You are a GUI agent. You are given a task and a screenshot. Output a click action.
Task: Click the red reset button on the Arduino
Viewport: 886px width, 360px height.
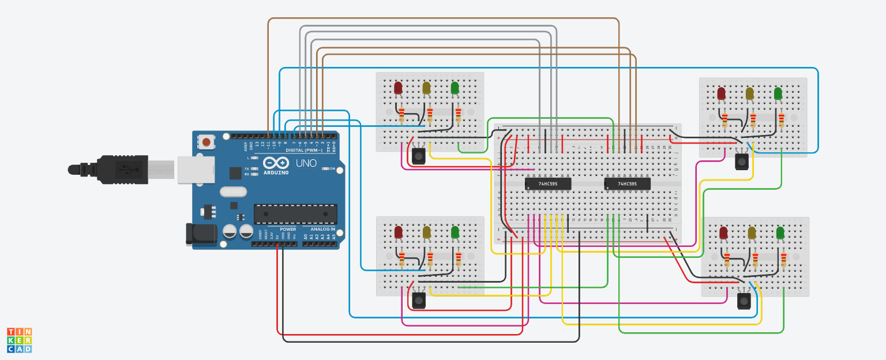tap(206, 142)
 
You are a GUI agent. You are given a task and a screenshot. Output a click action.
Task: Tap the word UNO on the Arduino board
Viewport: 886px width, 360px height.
tap(307, 163)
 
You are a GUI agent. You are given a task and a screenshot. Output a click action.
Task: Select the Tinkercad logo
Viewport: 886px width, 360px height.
tap(19, 340)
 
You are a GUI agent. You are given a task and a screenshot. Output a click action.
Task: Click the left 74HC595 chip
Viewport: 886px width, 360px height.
tap(548, 184)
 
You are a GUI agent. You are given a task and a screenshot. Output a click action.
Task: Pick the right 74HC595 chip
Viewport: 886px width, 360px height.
tap(627, 184)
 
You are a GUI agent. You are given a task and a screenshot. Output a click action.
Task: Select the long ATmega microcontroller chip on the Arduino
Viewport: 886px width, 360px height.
tap(295, 213)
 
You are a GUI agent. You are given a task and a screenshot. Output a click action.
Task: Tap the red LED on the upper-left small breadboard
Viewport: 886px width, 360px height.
tap(398, 88)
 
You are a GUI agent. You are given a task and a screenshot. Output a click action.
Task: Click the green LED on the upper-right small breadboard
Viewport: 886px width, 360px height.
tap(778, 93)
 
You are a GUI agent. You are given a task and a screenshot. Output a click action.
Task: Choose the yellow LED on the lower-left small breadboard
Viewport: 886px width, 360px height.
tap(426, 232)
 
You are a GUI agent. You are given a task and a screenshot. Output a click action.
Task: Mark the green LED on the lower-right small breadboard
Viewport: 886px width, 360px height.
tap(780, 233)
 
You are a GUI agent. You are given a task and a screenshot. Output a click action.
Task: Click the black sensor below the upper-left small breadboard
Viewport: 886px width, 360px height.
tap(418, 155)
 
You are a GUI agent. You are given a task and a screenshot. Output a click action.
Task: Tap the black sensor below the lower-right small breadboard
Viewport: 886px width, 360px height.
tap(744, 301)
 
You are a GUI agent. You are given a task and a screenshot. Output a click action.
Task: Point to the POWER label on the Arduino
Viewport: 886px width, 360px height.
tap(288, 229)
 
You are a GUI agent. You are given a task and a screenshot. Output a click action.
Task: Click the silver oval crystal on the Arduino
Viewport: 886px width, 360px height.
tap(233, 192)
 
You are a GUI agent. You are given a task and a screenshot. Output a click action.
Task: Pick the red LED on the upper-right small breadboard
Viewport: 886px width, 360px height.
tap(721, 93)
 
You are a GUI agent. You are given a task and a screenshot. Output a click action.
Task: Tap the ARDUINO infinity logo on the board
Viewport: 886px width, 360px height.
tap(276, 163)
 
